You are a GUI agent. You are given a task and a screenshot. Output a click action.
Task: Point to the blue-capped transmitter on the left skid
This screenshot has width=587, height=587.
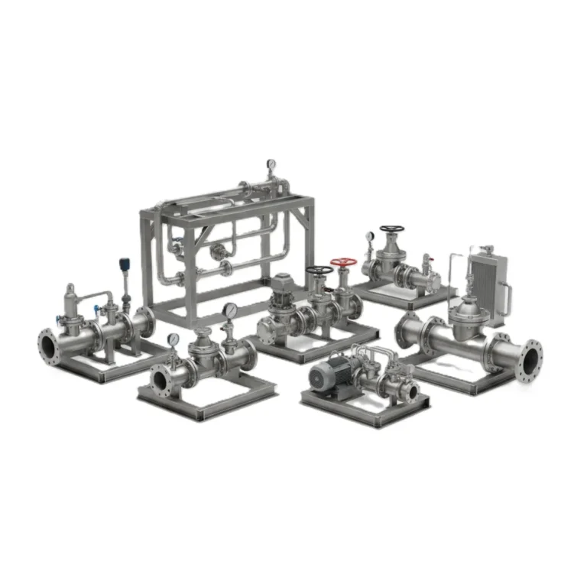point(122,266)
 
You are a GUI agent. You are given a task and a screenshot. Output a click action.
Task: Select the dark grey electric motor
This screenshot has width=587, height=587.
point(327,375)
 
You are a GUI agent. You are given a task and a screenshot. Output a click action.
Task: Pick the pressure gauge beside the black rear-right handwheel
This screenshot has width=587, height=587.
point(370,237)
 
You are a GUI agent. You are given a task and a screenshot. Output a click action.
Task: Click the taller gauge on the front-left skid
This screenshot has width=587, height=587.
point(229,310)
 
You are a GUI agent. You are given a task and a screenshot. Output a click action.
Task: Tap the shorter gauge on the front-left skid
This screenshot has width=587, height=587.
point(174,339)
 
